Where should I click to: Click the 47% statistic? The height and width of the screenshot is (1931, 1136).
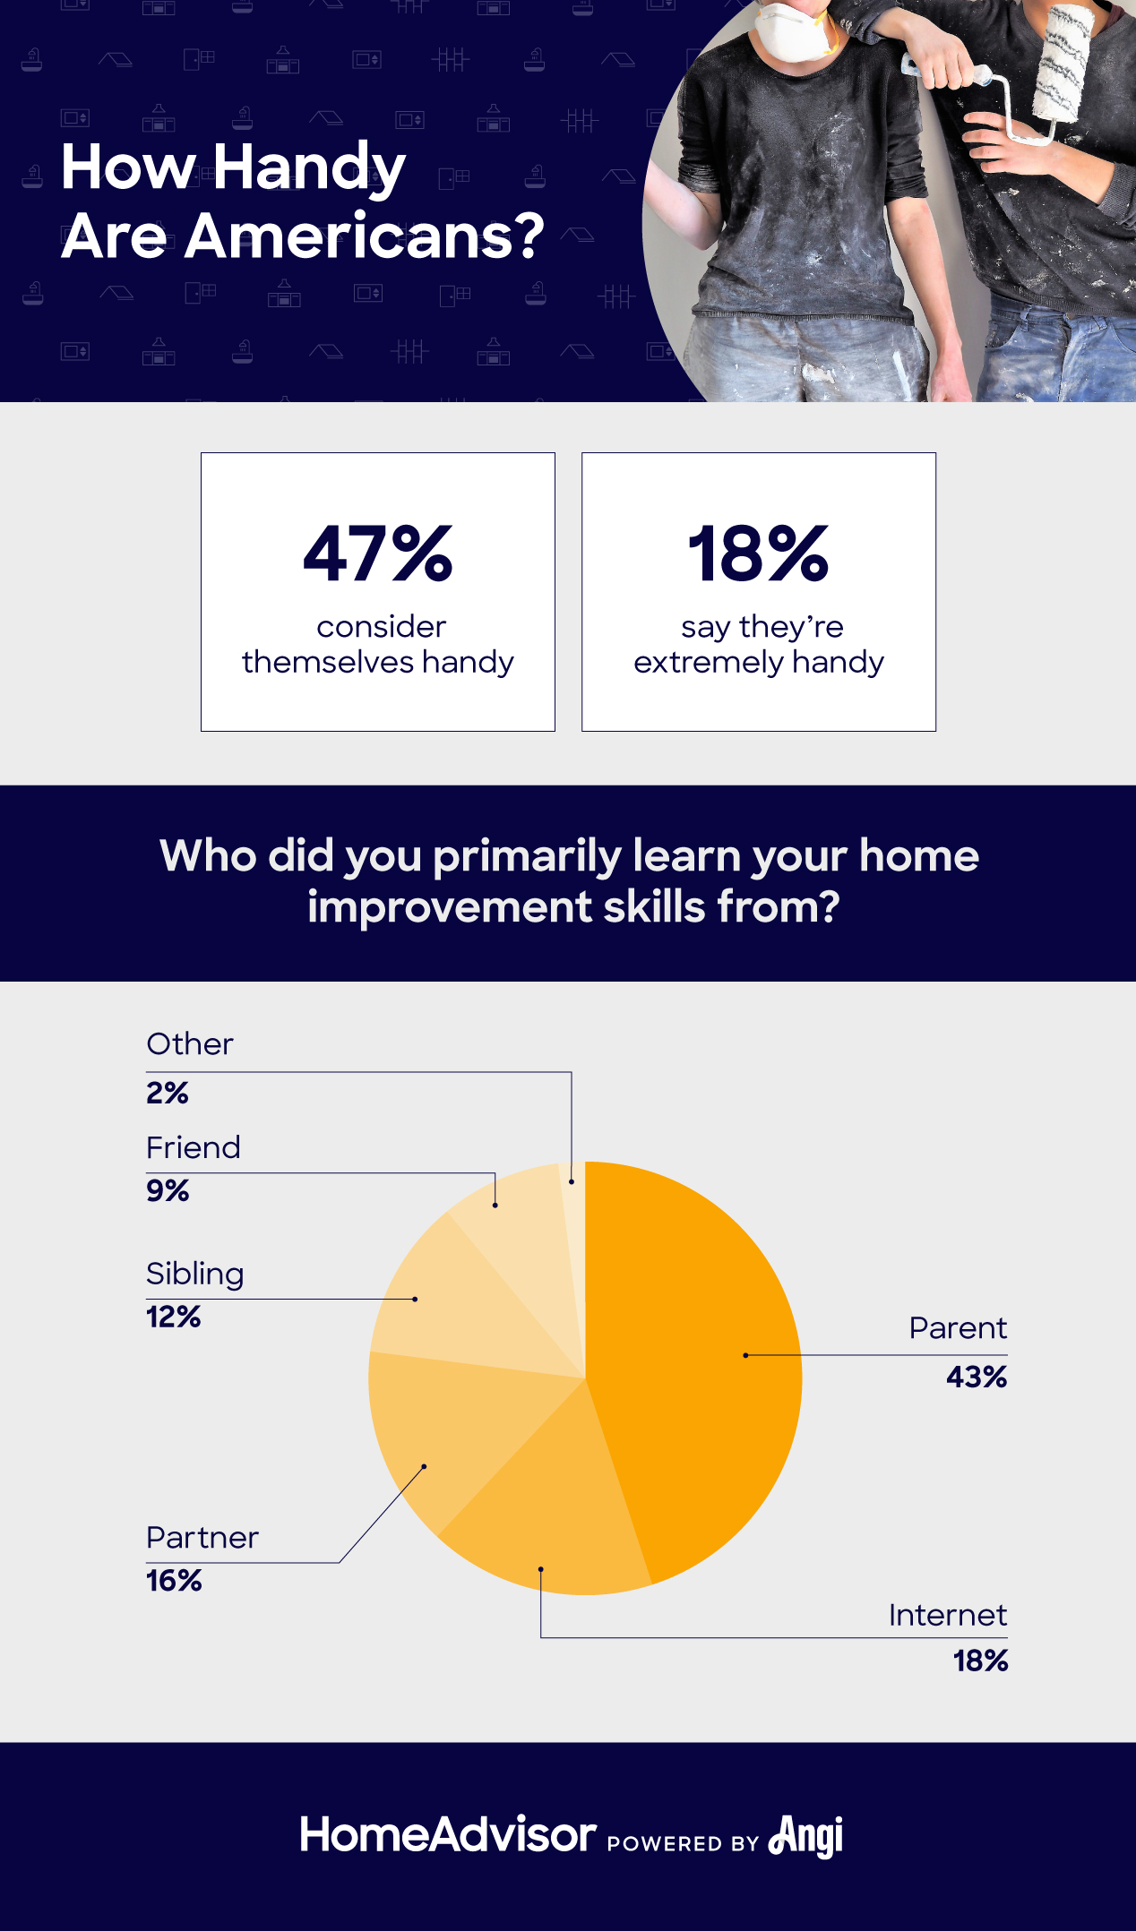[x=378, y=554]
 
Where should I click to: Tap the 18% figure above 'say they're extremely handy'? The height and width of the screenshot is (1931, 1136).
[x=758, y=554]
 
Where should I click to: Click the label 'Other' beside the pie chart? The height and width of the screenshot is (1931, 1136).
[x=190, y=1044]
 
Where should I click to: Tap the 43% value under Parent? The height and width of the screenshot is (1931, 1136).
[x=977, y=1377]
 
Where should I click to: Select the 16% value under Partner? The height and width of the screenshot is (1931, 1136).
[x=174, y=1581]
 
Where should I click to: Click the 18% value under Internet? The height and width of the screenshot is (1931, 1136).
[x=980, y=1661]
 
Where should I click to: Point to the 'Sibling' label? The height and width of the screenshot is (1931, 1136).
[x=195, y=1274]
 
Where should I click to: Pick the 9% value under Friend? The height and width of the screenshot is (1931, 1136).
[x=168, y=1191]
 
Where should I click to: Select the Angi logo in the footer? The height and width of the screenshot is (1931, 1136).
[x=806, y=1836]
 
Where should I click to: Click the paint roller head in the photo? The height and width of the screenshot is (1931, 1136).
[x=1062, y=63]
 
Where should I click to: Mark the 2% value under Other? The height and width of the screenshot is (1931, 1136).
[x=168, y=1094]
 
